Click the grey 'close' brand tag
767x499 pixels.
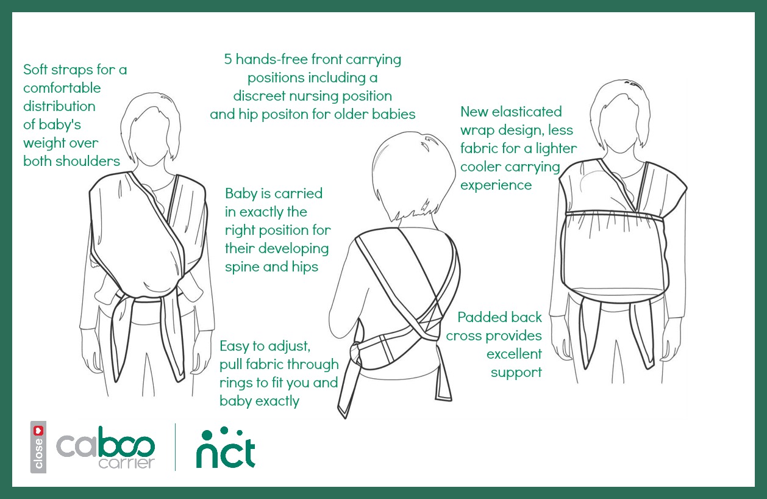[x=38, y=447]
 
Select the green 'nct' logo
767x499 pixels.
[x=226, y=448]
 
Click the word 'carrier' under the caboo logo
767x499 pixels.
[x=127, y=463]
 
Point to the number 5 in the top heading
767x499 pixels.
[x=228, y=59]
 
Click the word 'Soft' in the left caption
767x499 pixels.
[x=35, y=70]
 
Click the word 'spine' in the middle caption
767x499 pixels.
[x=241, y=267]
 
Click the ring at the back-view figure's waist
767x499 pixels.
[x=355, y=353]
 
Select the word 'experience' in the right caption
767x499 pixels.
[x=496, y=185]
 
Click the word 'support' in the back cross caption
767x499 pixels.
[x=516, y=373]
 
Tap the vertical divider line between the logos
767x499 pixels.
[x=176, y=447]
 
